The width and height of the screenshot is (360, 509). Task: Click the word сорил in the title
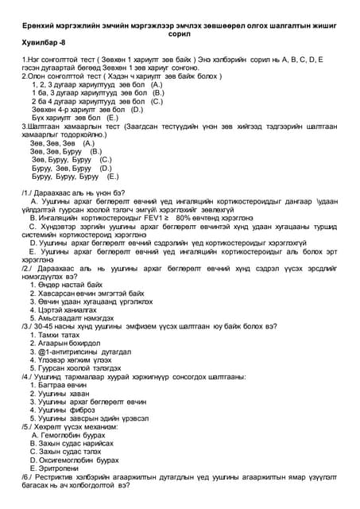pyautogui.click(x=180, y=35)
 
